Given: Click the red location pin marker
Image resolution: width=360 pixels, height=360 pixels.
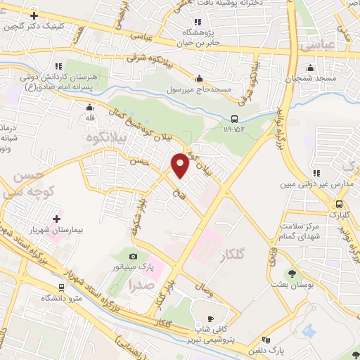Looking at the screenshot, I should [180, 166].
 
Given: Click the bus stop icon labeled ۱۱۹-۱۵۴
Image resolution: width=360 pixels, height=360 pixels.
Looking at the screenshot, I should [235, 119].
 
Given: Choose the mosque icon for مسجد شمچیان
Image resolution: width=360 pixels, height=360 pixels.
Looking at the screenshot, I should [310, 68].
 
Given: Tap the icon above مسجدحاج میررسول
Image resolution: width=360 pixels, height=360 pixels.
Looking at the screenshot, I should [200, 78].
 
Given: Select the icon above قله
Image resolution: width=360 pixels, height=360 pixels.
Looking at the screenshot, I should [89, 108].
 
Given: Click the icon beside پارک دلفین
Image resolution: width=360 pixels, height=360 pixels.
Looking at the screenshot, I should [265, 339].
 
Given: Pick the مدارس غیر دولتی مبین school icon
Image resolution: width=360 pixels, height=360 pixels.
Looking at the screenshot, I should [316, 173].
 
